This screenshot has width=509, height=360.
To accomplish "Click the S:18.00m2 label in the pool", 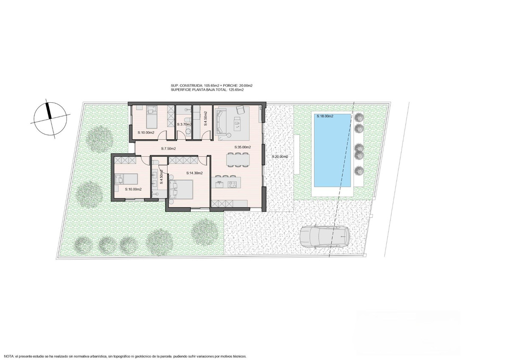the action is point(325,116).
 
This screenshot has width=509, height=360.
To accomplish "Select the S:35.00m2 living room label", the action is point(243,147).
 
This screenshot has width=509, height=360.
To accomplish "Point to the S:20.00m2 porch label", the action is point(280,157).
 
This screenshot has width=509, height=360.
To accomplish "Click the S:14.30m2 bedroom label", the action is point(195,173).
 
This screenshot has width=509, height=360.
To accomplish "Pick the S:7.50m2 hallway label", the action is point(168,149).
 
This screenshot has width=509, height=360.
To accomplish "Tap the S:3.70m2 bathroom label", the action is point(184,124).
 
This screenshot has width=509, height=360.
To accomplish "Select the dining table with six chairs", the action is point(238,160).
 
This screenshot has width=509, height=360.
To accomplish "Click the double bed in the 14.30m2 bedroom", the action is point(181,189).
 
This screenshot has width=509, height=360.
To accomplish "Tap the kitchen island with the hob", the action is point(226,183).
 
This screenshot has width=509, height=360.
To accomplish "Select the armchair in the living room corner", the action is point(240,110).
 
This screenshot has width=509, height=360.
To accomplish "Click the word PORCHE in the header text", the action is point(231,86).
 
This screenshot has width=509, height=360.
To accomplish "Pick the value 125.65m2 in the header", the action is point(236,90).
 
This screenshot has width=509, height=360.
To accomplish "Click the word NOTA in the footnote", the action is point(8,356).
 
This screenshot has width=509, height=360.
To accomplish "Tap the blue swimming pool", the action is point(333,150).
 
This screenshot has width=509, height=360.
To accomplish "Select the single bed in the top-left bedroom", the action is point(152,117).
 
